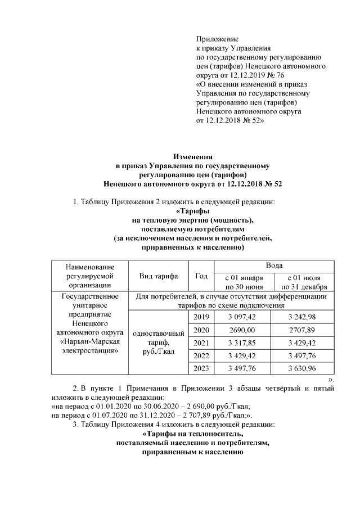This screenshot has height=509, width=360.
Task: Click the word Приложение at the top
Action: [x=217, y=39]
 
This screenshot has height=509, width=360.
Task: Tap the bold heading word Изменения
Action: [x=194, y=157]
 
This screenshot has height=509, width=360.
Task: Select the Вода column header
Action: [x=274, y=264]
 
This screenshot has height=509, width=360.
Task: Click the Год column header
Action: [x=201, y=276]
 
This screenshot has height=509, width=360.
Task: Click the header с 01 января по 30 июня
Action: [x=242, y=281]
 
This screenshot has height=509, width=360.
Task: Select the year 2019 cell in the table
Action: [x=201, y=318]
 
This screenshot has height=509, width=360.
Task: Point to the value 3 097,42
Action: [x=242, y=318]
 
